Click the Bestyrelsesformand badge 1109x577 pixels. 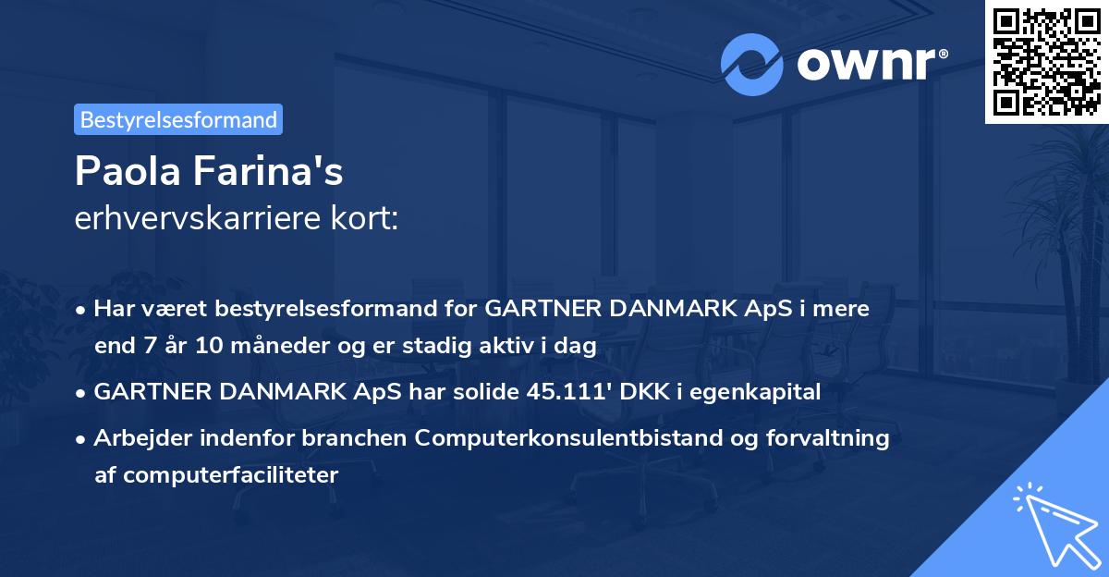click(178, 119)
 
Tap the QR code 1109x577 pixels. click(1047, 62)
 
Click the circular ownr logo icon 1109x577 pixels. click(751, 65)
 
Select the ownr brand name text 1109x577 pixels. click(872, 65)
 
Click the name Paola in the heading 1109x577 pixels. click(128, 171)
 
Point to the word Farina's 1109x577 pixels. click(268, 171)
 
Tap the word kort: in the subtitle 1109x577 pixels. click(364, 218)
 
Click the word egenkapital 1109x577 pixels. click(755, 392)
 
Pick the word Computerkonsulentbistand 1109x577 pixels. click(568, 437)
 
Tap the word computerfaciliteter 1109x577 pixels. click(231, 475)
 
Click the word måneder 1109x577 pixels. click(280, 345)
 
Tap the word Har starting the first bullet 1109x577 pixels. click(114, 308)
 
